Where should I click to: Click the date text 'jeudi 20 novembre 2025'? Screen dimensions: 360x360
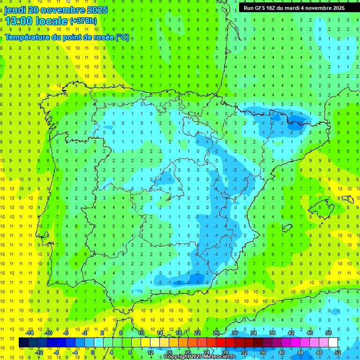[56, 10]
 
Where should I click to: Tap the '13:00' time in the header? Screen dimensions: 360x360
[20, 21]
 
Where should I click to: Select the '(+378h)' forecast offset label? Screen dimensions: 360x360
[83, 21]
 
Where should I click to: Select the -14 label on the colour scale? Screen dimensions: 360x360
[30, 332]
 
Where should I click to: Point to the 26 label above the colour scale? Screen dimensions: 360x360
[216, 332]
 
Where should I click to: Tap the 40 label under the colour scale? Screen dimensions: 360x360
[282, 352]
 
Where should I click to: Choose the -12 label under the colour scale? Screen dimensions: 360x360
[39, 352]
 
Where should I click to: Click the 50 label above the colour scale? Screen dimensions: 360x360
[329, 332]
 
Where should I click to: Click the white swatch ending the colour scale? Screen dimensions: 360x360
[333, 343]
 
